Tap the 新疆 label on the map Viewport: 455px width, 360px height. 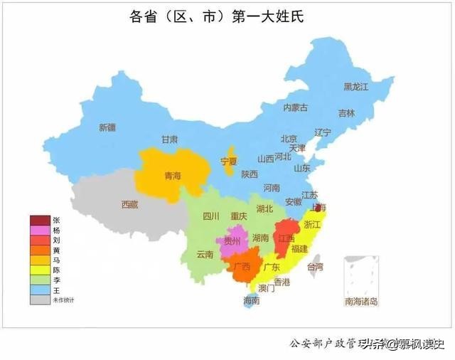(x=107, y=127)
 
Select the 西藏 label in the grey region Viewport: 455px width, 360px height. (x=129, y=204)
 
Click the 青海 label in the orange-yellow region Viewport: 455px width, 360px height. (x=173, y=175)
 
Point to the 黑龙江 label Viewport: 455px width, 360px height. (x=357, y=87)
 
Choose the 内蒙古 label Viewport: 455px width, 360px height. (x=295, y=107)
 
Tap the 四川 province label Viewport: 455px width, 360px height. (x=211, y=216)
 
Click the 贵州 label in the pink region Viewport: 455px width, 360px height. (x=232, y=242)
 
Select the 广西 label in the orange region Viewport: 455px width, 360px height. (x=241, y=267)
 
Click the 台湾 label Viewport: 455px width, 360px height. (x=314, y=267)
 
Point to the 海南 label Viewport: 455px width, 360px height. (x=251, y=300)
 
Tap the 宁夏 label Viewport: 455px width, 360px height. (x=228, y=161)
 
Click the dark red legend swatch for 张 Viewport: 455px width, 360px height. (x=40, y=221)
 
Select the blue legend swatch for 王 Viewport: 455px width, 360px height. (x=40, y=290)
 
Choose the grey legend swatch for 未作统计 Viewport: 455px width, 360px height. (x=40, y=300)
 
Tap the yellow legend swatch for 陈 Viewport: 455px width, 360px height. (x=40, y=270)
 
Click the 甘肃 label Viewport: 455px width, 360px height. (x=169, y=139)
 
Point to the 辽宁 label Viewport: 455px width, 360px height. (x=323, y=132)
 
